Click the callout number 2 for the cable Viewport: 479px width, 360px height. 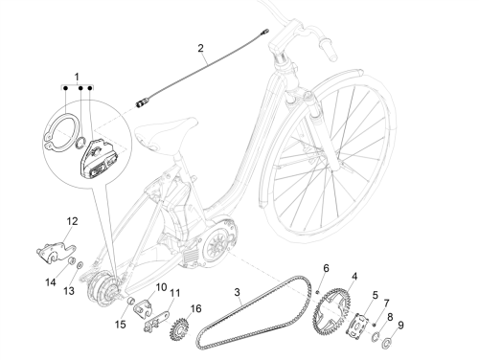[x=200, y=48]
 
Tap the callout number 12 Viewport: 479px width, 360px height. [x=72, y=221]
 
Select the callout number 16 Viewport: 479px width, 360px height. [x=196, y=308]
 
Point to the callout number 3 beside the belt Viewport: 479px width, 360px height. [x=237, y=292]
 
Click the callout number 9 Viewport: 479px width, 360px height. [x=401, y=326]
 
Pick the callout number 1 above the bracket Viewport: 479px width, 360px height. [x=77, y=77]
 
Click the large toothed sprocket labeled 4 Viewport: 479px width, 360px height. [x=332, y=306]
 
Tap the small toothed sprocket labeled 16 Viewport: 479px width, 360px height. [x=180, y=329]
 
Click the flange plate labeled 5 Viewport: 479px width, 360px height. [x=358, y=326]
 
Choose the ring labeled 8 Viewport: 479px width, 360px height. [x=375, y=336]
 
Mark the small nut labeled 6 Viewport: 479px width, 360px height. [x=318, y=292]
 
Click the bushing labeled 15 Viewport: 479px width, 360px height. [x=130, y=301]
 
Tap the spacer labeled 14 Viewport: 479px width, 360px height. [x=72, y=260]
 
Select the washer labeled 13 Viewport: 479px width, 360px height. [x=80, y=264]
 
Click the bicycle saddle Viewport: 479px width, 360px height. [x=166, y=131]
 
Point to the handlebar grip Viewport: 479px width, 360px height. [x=328, y=50]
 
